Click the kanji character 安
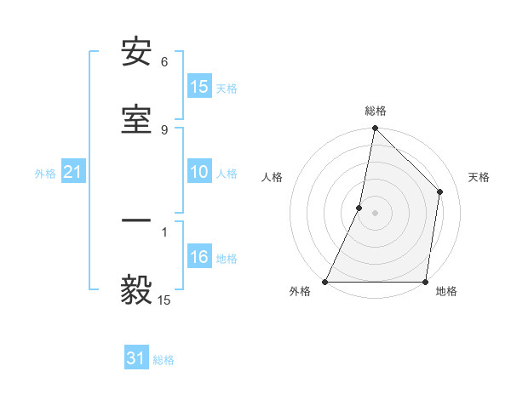136,53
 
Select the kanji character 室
136,118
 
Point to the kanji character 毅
136,289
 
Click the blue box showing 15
198,87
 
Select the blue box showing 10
198,172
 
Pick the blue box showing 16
198,257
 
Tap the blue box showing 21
72,173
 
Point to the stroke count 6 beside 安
164,62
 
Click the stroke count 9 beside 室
164,129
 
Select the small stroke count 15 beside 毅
164,300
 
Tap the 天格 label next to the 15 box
227,88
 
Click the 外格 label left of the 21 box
45,174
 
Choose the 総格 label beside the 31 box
164,360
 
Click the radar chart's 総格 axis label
376,111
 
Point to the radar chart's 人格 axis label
272,177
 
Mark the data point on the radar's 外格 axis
325,282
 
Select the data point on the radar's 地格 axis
425,282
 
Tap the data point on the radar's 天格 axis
440,191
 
